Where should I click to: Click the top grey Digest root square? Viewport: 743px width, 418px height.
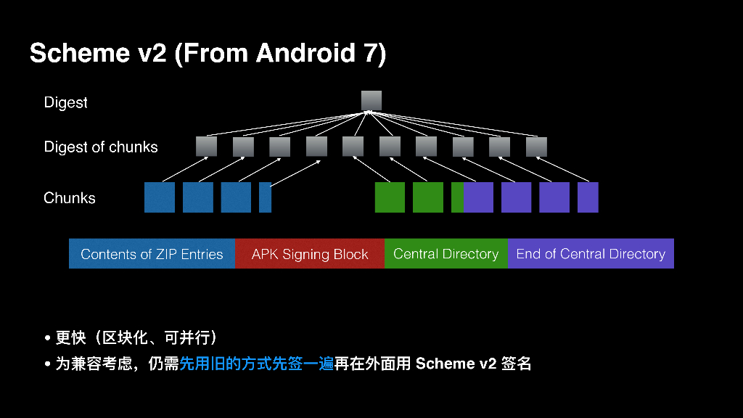tap(371, 100)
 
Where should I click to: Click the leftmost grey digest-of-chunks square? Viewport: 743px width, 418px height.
tap(206, 147)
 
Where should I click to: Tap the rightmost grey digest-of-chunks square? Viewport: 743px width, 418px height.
tap(535, 147)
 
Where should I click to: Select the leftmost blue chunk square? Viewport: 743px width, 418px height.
tap(160, 197)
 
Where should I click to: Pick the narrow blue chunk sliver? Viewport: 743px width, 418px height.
tap(265, 197)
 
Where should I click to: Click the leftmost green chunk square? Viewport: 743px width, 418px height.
tap(390, 197)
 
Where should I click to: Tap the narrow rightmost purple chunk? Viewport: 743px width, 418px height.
tap(588, 197)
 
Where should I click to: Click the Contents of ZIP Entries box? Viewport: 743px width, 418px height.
tap(152, 254)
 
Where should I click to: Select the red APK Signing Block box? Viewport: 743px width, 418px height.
tap(310, 254)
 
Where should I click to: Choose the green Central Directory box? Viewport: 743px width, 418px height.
tap(446, 254)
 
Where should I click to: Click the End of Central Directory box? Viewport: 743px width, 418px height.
tap(591, 254)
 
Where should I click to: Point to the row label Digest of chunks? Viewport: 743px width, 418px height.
tap(101, 147)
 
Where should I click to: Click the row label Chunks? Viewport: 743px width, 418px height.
tap(70, 198)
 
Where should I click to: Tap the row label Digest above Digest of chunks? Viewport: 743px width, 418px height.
tap(65, 103)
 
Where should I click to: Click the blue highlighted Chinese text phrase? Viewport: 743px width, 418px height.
tap(256, 364)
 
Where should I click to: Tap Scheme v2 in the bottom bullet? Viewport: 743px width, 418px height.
tap(455, 364)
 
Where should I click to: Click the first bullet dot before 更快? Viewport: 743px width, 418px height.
tap(48, 339)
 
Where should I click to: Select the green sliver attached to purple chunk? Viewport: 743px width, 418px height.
tap(457, 197)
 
